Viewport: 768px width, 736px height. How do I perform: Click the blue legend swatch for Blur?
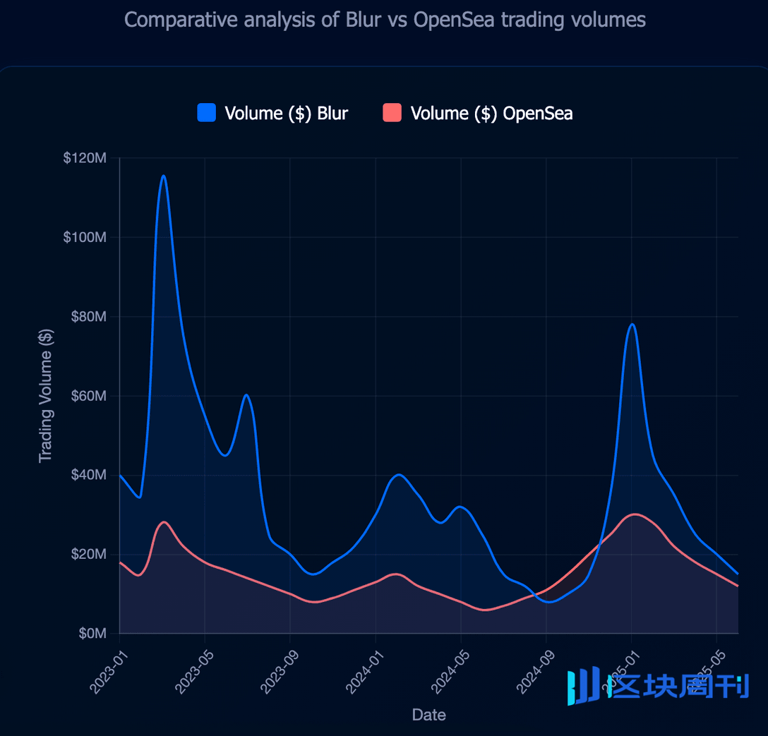point(206,112)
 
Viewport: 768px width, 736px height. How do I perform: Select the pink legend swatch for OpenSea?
point(392,112)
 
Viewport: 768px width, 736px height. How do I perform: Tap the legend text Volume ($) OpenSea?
point(491,113)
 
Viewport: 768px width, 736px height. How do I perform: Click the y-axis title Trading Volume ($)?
point(46,395)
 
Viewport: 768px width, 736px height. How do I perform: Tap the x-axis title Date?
point(428,715)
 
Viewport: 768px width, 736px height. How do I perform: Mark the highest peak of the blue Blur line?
point(163,176)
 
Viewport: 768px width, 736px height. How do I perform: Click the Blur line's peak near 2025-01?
point(632,324)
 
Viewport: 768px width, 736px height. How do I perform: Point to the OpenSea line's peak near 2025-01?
point(635,514)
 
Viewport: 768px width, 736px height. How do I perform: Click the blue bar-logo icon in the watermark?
point(583,685)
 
